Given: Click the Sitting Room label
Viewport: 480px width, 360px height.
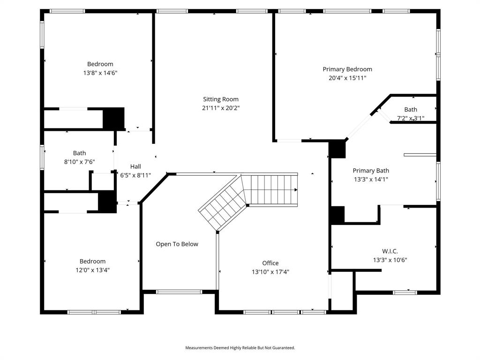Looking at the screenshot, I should [x=220, y=99].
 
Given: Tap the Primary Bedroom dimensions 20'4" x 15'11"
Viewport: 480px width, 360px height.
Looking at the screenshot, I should [x=347, y=78].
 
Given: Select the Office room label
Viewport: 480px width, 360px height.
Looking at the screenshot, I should [x=270, y=263].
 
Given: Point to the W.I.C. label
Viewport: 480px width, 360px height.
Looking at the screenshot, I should [x=390, y=251].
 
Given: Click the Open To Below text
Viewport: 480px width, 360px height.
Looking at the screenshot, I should [x=177, y=244].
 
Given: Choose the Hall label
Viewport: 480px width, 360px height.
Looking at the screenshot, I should [x=135, y=166].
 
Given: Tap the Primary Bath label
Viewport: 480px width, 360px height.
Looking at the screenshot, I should [x=370, y=171].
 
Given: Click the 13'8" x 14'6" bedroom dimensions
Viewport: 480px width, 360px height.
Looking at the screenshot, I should [x=100, y=73].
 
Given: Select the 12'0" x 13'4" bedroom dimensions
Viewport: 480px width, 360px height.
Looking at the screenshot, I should [x=92, y=270].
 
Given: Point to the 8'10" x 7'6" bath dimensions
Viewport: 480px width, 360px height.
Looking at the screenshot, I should [x=79, y=162].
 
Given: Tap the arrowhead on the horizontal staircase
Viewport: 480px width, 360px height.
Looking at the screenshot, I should [x=296, y=190].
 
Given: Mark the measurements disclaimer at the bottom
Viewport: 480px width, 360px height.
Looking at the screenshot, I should [x=240, y=348].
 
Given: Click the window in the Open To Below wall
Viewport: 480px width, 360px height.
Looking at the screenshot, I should [x=179, y=292].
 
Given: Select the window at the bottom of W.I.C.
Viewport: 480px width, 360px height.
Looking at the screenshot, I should [x=405, y=292].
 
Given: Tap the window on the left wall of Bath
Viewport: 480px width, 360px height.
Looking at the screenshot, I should [x=42, y=157].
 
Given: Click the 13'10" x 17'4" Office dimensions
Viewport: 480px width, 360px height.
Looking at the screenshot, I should [x=270, y=272].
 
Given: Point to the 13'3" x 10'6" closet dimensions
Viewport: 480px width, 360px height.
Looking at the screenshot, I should [x=390, y=260].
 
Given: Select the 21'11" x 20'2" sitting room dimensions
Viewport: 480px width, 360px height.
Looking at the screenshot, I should [x=220, y=108].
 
